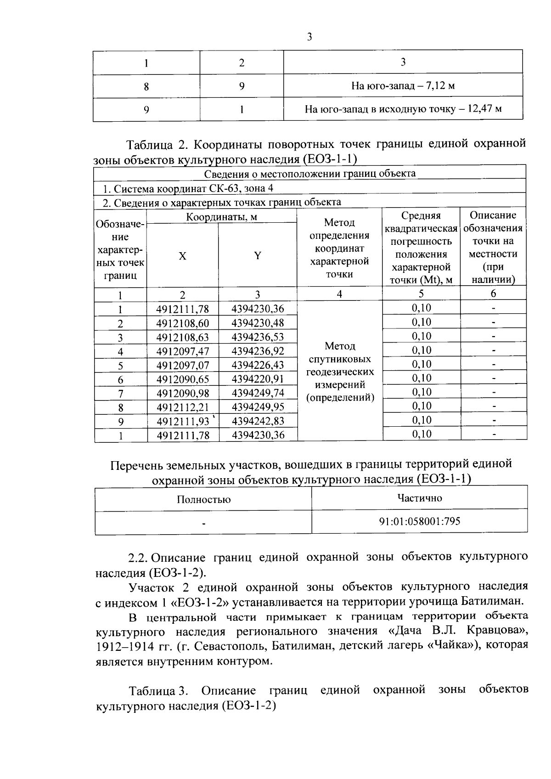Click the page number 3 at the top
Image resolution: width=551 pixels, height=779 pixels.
(309, 37)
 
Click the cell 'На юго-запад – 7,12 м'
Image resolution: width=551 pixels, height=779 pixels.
(403, 85)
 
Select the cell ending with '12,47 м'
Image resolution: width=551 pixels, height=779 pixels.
(403, 109)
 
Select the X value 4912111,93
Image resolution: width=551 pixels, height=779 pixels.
(183, 421)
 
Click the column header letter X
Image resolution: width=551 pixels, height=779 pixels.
(183, 256)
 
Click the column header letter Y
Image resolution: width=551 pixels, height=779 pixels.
(258, 256)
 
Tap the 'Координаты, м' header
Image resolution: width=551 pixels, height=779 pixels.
(221, 217)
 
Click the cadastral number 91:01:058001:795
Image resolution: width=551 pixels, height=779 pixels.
(420, 521)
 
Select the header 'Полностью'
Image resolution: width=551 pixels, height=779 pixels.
(203, 499)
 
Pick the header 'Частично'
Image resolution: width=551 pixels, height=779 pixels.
(420, 498)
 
